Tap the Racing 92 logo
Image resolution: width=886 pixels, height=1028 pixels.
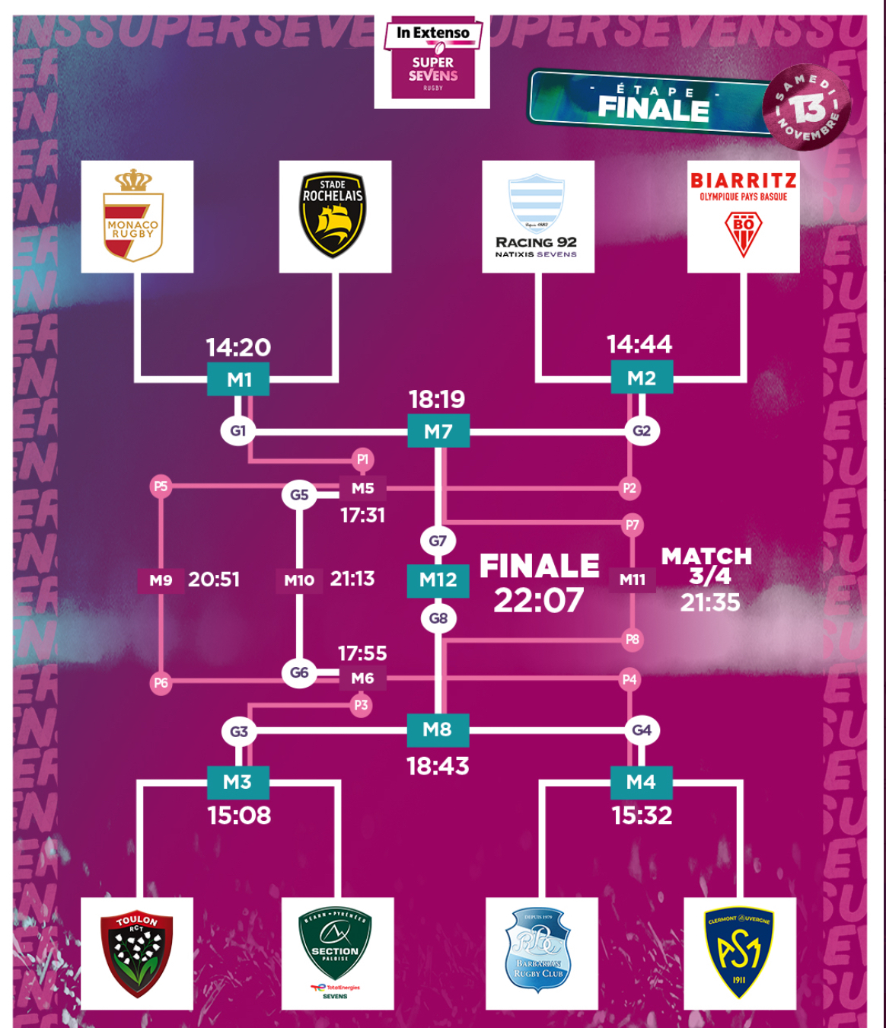[x=537, y=216]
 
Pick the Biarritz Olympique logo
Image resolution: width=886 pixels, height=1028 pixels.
[x=743, y=216]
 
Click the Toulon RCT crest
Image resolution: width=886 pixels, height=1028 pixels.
[x=137, y=953]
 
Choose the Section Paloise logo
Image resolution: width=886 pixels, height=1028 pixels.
[x=336, y=953]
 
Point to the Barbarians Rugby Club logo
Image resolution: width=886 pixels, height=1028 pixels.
[x=540, y=953]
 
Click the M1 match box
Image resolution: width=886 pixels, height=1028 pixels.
[x=238, y=379]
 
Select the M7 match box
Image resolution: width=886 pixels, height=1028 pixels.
[x=438, y=432]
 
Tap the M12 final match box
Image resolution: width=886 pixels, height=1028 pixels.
[x=438, y=580]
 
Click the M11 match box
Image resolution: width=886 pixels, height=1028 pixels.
[x=633, y=579]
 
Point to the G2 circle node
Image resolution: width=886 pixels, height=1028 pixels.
[x=642, y=430]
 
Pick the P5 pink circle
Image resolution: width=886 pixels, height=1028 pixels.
[x=160, y=487]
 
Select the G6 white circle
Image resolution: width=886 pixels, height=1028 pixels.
[x=299, y=673]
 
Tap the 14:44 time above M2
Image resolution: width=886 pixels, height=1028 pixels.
[x=639, y=345]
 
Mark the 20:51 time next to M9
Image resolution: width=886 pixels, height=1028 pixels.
[x=214, y=579]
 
